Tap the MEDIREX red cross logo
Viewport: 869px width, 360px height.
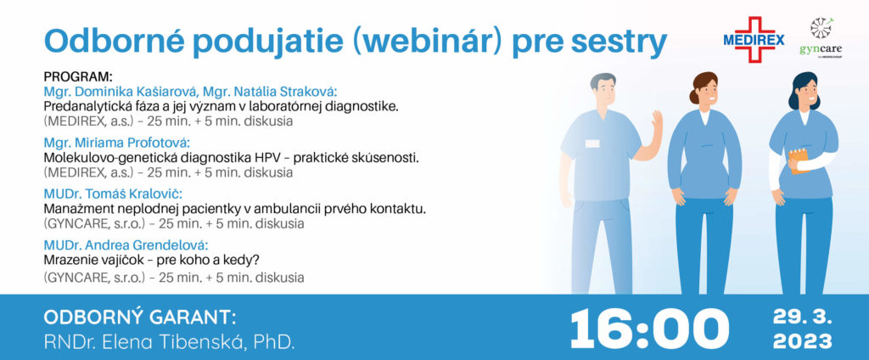[x=754, y=39]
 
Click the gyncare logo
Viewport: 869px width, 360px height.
[x=821, y=37]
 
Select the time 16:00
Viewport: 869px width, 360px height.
[x=649, y=329]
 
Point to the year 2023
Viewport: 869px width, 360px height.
[x=803, y=341]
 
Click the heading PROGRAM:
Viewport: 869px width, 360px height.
[x=77, y=76]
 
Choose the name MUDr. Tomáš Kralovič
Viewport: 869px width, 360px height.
[x=113, y=194]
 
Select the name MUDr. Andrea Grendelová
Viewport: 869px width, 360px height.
[x=126, y=245]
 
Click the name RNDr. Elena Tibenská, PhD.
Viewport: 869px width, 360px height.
[x=169, y=342]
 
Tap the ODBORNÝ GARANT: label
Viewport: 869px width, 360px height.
[x=140, y=318]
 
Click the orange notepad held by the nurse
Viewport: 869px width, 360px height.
[x=799, y=160]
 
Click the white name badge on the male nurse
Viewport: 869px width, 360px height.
[x=591, y=143]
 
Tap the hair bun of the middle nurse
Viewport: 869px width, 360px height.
[x=694, y=97]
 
